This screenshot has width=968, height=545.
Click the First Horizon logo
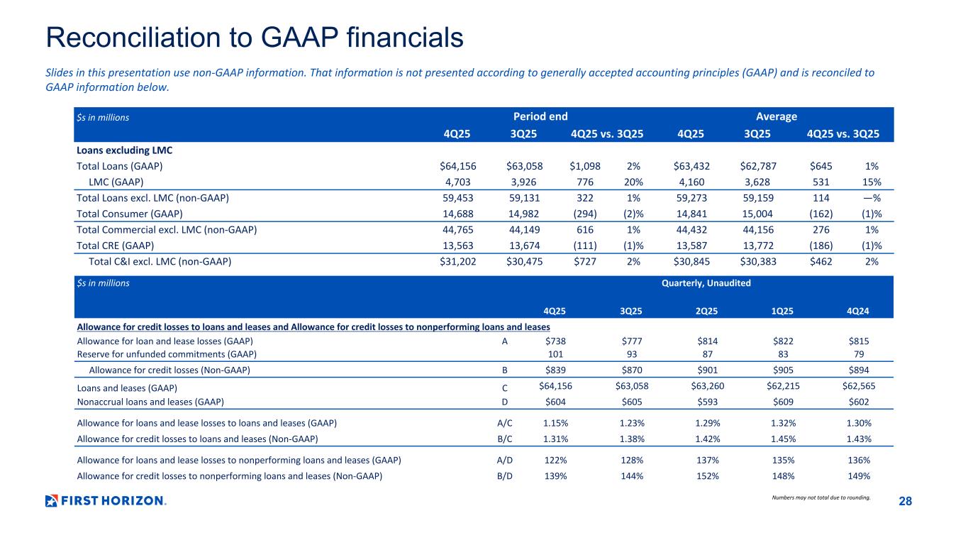pyautogui.click(x=105, y=500)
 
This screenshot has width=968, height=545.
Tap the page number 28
pyautogui.click(x=905, y=502)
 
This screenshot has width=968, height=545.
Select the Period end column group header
pyautogui.click(x=540, y=116)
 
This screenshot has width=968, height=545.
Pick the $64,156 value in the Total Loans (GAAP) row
pyautogui.click(x=458, y=166)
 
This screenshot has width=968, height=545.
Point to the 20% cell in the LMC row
pyautogui.click(x=633, y=182)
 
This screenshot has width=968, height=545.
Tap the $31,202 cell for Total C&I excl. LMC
pyautogui.click(x=458, y=261)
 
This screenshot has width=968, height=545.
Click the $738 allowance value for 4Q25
pyautogui.click(x=555, y=341)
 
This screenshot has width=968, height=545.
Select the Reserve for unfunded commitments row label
pyautogui.click(x=166, y=353)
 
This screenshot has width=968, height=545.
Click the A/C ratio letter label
pyautogui.click(x=504, y=423)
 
